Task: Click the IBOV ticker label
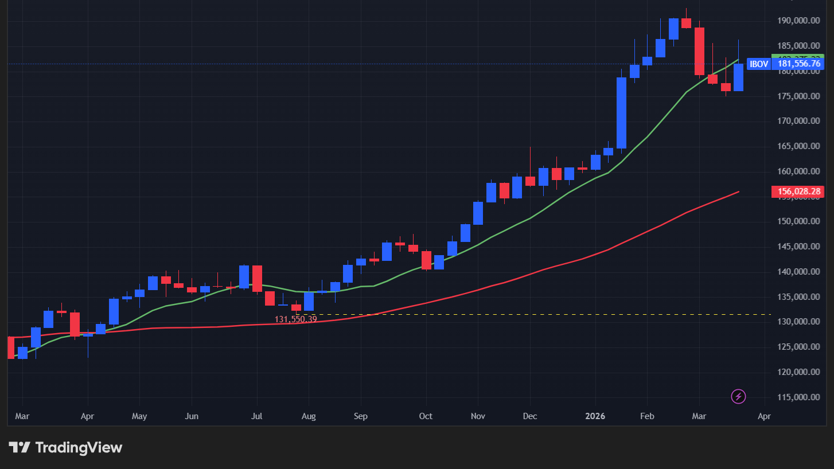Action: [x=759, y=64]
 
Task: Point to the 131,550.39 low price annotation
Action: [x=295, y=319]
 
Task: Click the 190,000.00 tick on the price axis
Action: [x=797, y=21]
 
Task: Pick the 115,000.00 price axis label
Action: [x=797, y=397]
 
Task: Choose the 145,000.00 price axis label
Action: [x=797, y=247]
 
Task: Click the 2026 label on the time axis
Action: [x=595, y=416]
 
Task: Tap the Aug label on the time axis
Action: [x=309, y=416]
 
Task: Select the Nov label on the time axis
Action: [x=477, y=416]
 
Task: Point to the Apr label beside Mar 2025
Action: [x=87, y=416]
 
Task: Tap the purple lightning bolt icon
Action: [x=739, y=396]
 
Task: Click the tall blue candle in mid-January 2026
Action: [x=621, y=113]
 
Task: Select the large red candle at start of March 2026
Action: [x=699, y=51]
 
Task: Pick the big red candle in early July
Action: [x=257, y=278]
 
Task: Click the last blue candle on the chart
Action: [x=738, y=77]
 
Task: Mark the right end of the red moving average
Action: [x=738, y=191]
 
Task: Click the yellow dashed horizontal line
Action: [x=516, y=314]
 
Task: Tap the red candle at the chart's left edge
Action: [x=11, y=347]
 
